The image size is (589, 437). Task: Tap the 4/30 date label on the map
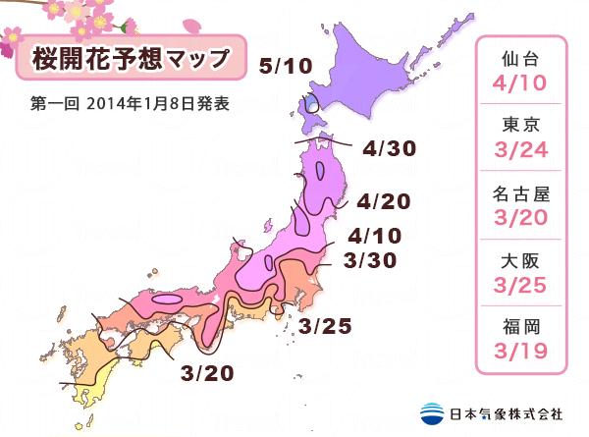click(x=389, y=149)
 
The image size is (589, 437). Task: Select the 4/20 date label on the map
click(x=382, y=202)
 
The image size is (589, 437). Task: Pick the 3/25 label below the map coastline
click(x=325, y=325)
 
